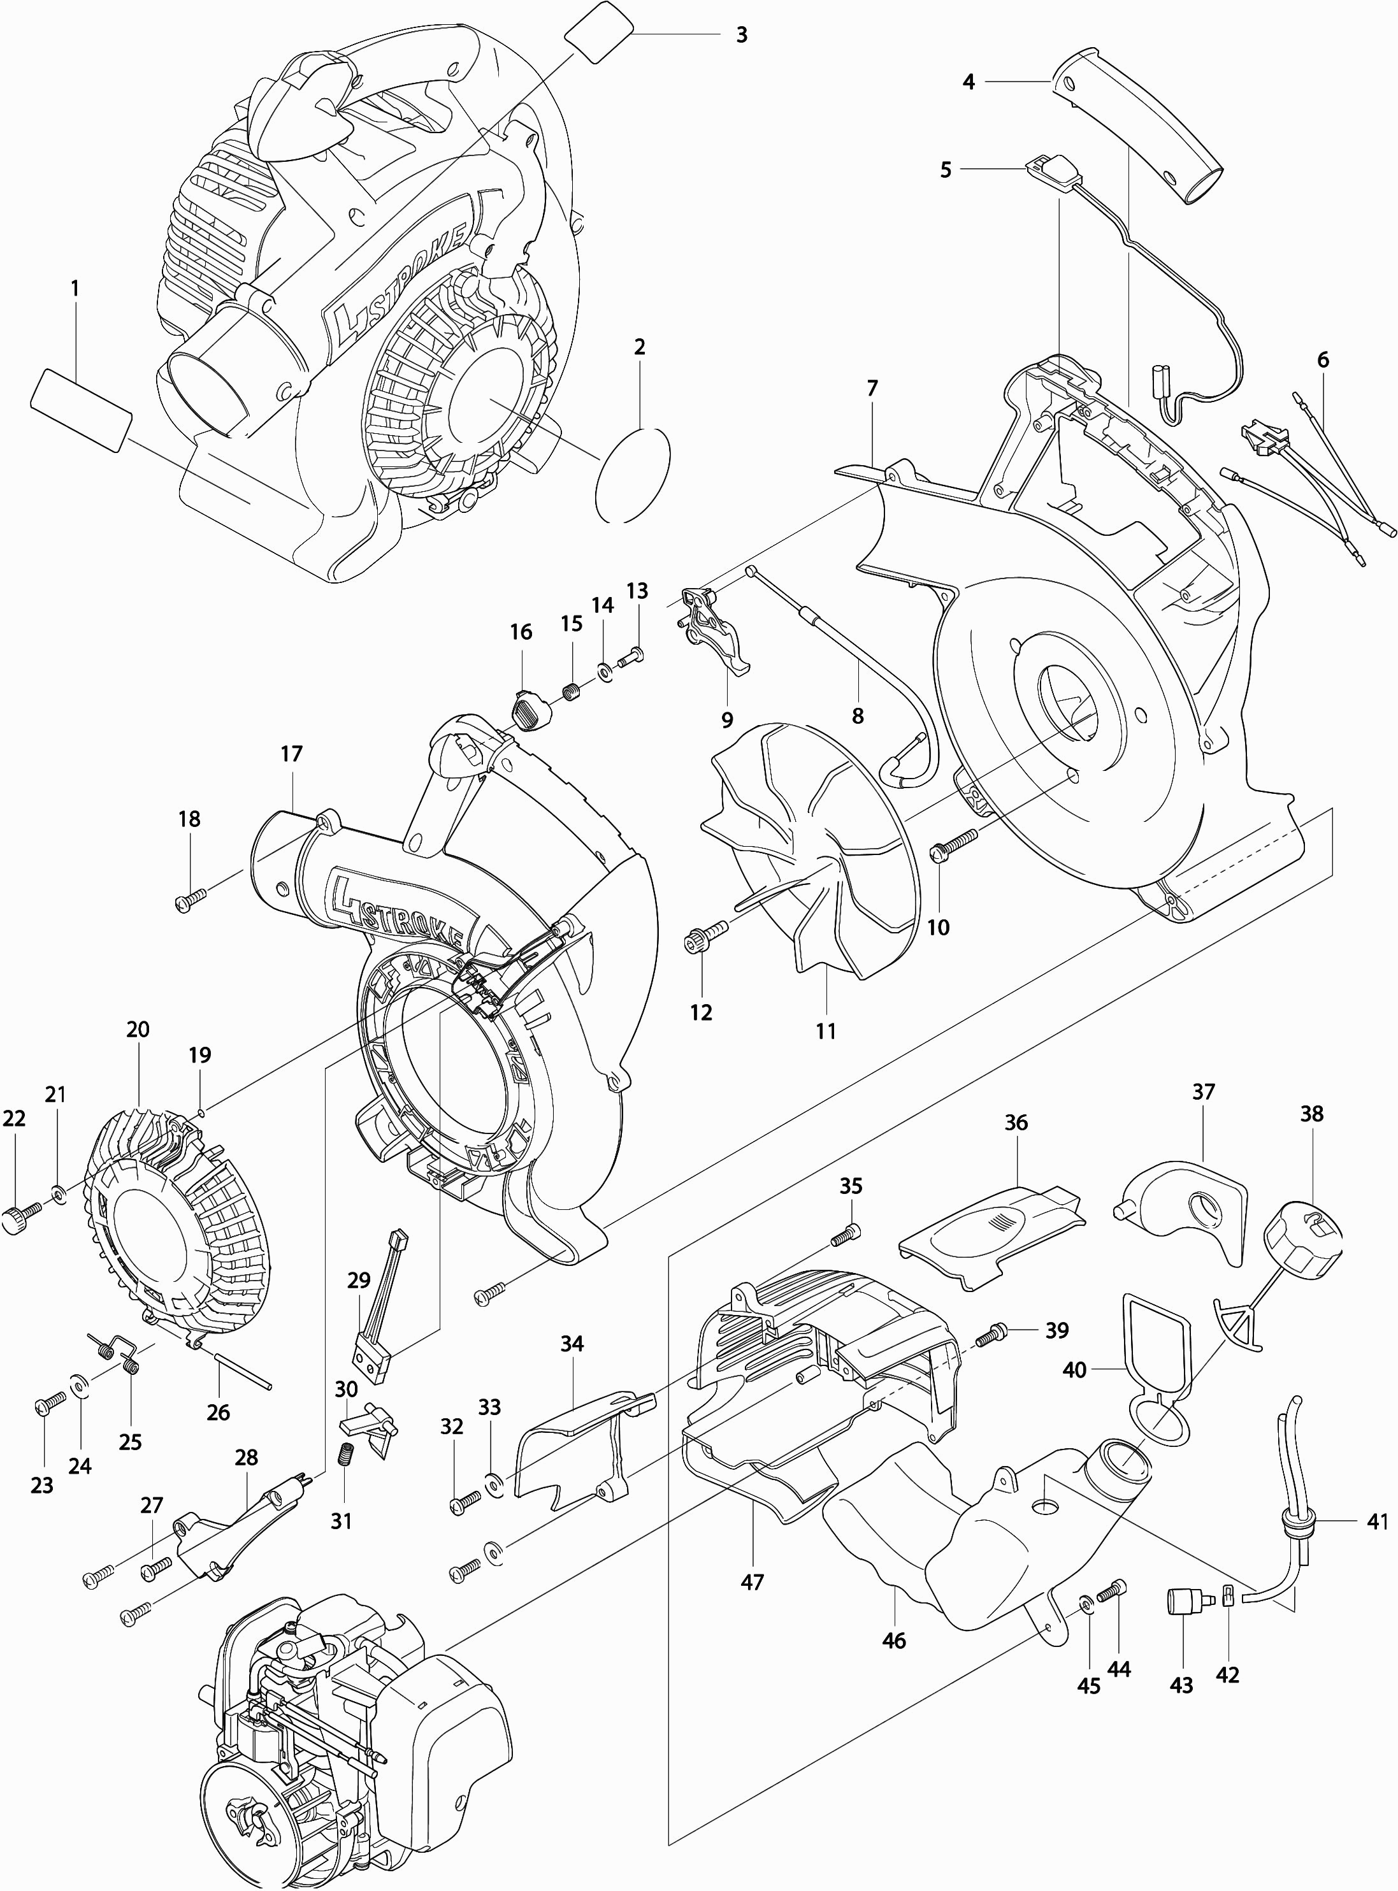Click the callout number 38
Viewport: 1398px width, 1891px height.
(1312, 1114)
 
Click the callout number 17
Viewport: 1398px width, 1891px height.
(291, 753)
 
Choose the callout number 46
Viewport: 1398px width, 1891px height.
(893, 1641)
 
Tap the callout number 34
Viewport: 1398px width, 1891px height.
(572, 1344)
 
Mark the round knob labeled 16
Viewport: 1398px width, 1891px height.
(531, 707)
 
